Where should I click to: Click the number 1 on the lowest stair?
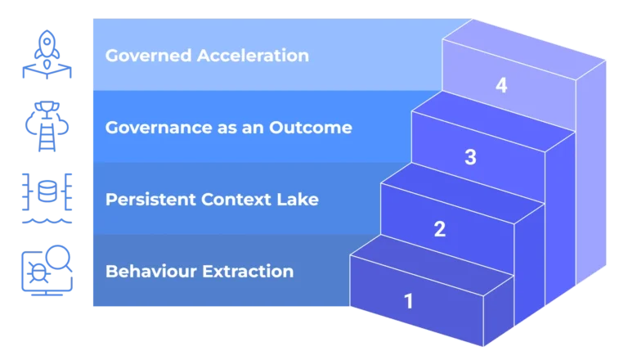point(409,300)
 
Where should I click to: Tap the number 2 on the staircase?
point(439,229)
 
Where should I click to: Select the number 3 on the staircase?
point(470,157)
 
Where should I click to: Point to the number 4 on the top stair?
point(501,85)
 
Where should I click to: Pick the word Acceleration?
point(254,56)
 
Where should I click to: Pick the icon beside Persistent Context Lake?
point(47,199)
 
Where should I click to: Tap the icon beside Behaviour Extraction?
point(46,271)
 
